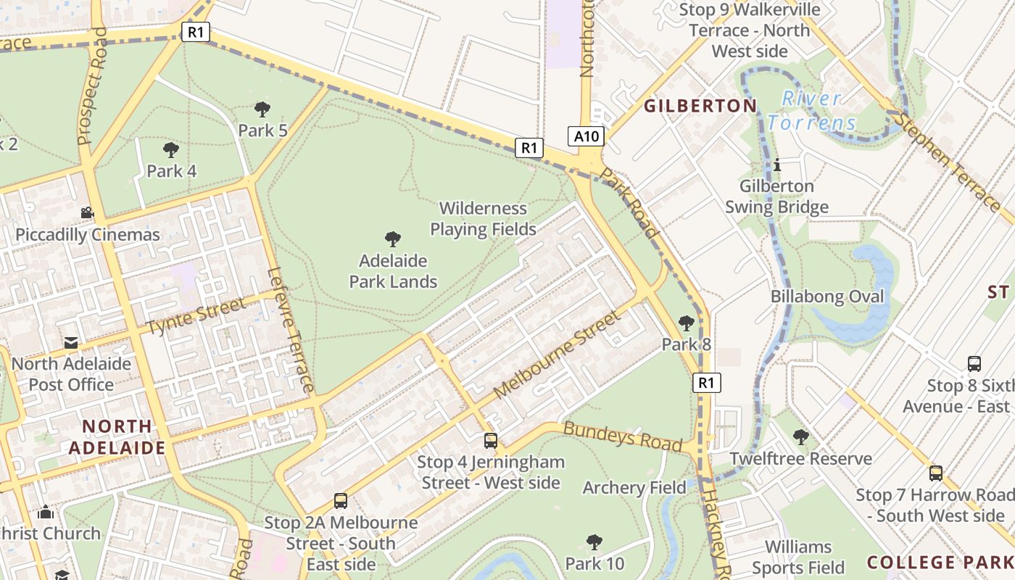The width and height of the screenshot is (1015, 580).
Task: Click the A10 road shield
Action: click(x=586, y=136)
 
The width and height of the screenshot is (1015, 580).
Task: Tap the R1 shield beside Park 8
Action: click(x=707, y=382)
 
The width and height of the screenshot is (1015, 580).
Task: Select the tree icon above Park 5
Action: click(x=262, y=109)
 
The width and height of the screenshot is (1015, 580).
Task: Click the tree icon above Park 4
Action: click(x=171, y=150)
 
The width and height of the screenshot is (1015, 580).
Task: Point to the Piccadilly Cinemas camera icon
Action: click(x=87, y=213)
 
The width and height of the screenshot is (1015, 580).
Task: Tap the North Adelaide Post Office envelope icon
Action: click(x=71, y=342)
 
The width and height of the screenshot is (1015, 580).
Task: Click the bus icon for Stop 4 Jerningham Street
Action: click(x=491, y=440)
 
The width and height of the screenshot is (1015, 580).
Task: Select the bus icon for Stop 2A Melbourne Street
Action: click(x=341, y=500)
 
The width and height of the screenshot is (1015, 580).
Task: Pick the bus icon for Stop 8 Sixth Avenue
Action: click(x=974, y=364)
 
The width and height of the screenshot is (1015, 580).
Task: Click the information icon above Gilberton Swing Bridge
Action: click(x=777, y=165)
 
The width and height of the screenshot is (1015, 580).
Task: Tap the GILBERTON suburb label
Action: click(x=700, y=106)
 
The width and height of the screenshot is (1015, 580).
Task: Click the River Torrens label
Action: click(x=812, y=110)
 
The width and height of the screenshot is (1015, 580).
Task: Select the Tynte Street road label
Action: click(x=196, y=318)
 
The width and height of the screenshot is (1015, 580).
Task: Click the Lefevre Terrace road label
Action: click(x=290, y=330)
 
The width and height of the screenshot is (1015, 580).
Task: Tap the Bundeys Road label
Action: click(x=623, y=436)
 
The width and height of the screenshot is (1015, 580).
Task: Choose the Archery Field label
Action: click(x=634, y=488)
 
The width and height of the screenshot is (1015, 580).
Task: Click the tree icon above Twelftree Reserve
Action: click(x=801, y=436)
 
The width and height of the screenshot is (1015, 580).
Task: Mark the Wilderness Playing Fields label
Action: click(x=483, y=219)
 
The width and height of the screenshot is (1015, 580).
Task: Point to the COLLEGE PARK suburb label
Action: click(x=940, y=562)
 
